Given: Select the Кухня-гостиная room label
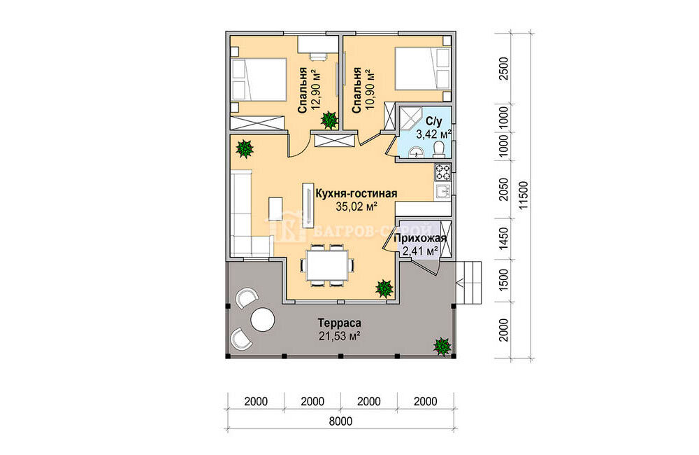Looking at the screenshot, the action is point(356,193).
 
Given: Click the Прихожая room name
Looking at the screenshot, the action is point(420,239).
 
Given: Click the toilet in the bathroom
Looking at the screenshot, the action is point(439,148).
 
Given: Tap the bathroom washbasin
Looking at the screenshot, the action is point(417,152).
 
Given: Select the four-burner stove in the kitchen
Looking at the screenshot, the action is point(443,172).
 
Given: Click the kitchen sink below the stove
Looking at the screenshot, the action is point(443,190).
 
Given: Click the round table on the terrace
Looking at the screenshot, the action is point(262,320).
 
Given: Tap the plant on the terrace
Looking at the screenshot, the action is point(442,346).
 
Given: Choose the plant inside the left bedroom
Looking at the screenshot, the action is point(329,120).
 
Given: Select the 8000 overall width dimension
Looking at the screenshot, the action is point(341,421).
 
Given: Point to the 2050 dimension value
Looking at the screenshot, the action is point(503,189).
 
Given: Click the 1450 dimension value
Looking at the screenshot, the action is point(503,239).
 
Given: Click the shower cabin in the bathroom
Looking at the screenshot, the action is point(408,118).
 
